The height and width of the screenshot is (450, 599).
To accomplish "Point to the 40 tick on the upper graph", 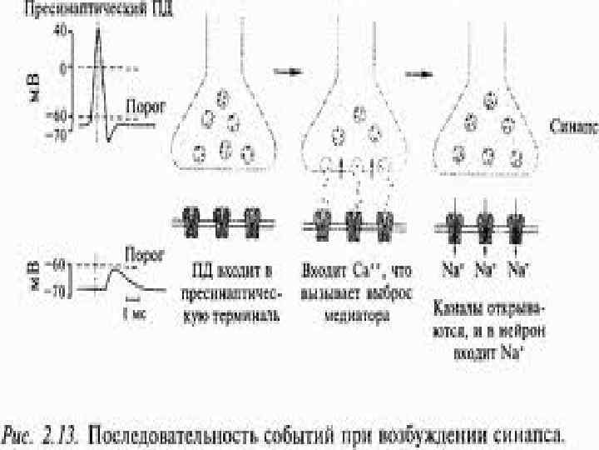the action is coord(61,29).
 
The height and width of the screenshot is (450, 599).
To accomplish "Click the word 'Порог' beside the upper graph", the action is coord(146,107).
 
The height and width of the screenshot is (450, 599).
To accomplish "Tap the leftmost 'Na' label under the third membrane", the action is coord(451,269).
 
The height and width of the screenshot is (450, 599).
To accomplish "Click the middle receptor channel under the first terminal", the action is coord(222,222).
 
